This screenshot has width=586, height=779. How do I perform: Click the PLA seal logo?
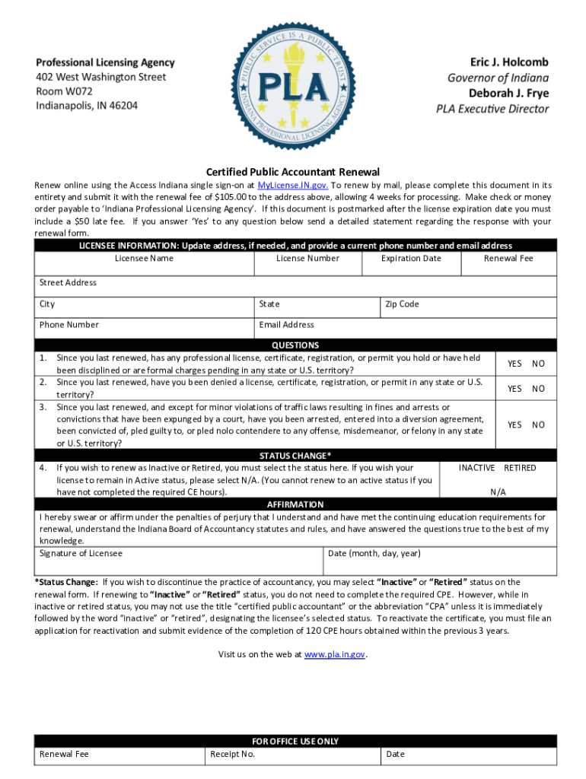click(x=292, y=83)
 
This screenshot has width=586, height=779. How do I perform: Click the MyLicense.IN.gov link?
click(x=293, y=186)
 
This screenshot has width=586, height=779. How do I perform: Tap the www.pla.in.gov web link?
click(x=336, y=654)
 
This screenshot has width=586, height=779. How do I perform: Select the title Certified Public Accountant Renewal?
click(x=293, y=172)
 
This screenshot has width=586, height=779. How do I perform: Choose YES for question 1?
click(x=514, y=364)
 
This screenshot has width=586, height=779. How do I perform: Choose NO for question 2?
click(x=538, y=389)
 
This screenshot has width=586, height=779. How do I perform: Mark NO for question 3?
click(x=538, y=425)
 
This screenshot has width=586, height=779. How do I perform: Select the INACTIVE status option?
click(x=476, y=468)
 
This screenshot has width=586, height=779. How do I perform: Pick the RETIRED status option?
click(x=520, y=468)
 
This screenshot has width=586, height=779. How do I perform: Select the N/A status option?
click(x=498, y=492)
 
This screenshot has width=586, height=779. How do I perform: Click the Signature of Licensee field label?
click(x=81, y=553)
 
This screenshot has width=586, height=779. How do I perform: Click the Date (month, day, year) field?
click(x=374, y=553)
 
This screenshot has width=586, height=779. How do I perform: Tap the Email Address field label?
click(x=286, y=325)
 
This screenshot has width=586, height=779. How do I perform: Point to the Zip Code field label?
click(x=402, y=304)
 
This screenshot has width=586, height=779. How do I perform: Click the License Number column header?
click(x=307, y=259)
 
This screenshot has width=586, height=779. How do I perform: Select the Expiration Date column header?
click(x=411, y=259)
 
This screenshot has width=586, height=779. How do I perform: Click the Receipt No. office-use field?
click(x=232, y=754)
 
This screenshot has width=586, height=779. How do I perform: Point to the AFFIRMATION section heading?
click(x=295, y=504)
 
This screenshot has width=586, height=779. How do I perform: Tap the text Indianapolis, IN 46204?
click(x=87, y=106)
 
